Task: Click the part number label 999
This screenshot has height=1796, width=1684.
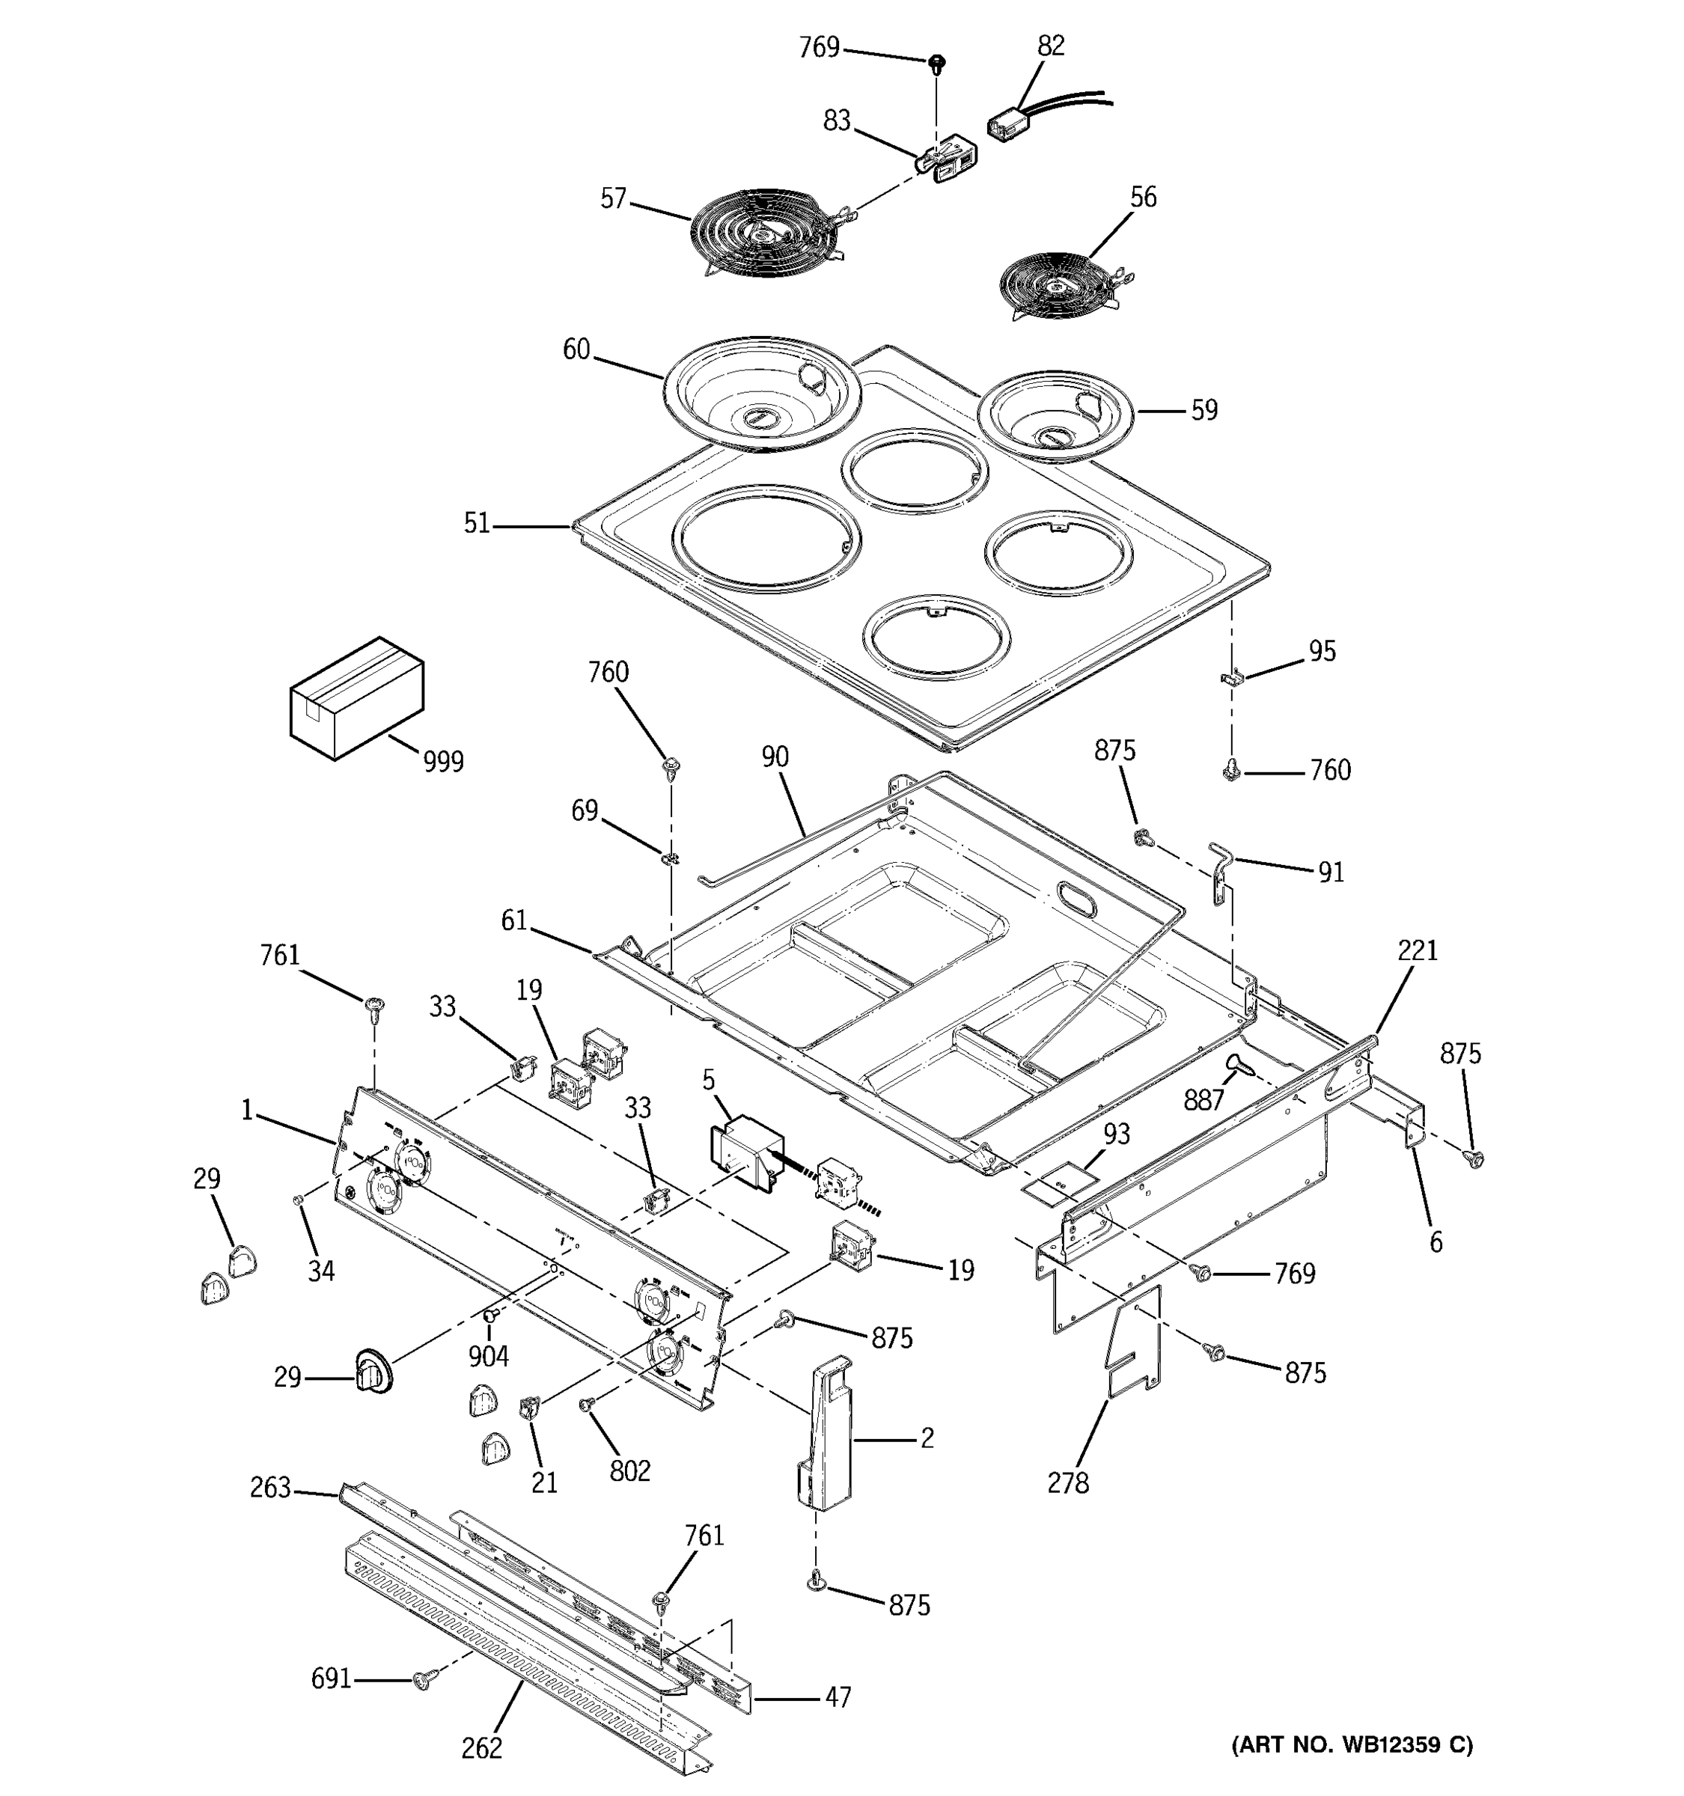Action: (442, 762)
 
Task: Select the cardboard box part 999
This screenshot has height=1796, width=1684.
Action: (356, 697)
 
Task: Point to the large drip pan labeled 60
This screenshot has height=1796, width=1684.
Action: (762, 393)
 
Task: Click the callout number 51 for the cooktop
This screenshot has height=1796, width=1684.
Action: (476, 523)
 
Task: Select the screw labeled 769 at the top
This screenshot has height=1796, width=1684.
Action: (937, 64)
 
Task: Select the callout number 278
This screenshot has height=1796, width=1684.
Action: (1068, 1482)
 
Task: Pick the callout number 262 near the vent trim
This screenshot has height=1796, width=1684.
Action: (481, 1748)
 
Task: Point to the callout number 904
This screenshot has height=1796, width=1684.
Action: (488, 1355)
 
